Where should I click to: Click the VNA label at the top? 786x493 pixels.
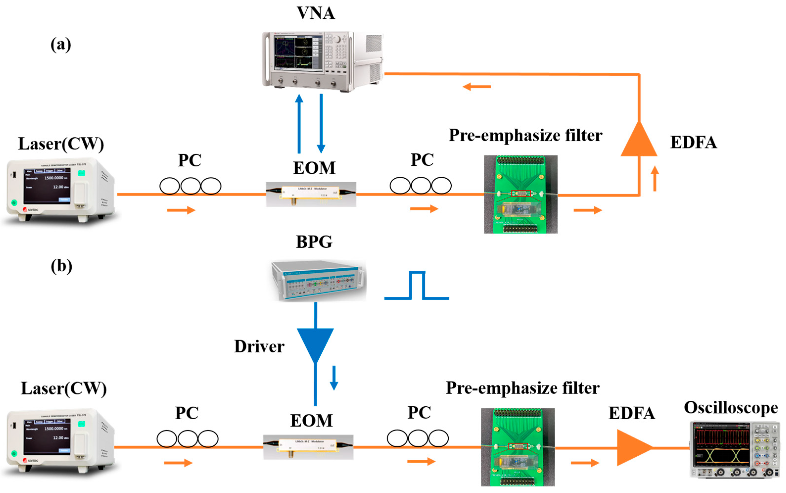[315, 13]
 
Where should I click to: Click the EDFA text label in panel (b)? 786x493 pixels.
[631, 413]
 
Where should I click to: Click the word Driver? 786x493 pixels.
[259, 346]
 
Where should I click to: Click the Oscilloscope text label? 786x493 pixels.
[731, 408]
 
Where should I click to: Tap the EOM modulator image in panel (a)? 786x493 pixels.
[311, 194]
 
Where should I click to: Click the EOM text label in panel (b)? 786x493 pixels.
[311, 420]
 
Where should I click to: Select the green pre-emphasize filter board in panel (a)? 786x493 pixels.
[520, 194]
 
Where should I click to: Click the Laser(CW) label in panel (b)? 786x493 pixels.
[64, 388]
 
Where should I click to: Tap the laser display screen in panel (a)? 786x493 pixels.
[46, 186]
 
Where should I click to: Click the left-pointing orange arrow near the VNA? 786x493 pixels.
[476, 87]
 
